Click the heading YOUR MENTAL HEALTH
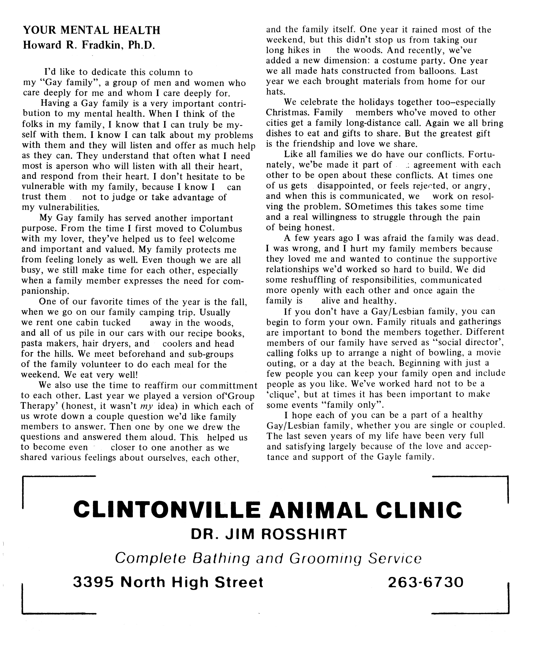(92, 30)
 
